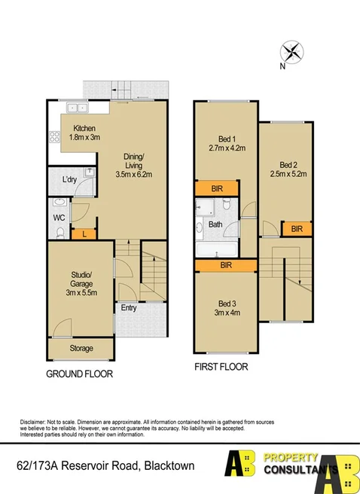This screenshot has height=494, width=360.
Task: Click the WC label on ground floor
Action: click(59, 218)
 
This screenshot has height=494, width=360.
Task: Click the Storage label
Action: click(81, 349)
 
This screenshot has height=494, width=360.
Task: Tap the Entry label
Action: click(130, 306)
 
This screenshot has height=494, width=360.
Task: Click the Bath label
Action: click(215, 224)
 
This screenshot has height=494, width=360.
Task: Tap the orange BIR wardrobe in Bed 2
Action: click(297, 228)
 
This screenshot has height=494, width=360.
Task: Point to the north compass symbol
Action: click(292, 53)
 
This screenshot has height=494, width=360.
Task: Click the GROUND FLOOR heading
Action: click(81, 374)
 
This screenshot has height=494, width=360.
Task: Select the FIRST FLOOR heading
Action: click(220, 367)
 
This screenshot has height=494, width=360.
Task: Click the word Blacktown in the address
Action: click(169, 466)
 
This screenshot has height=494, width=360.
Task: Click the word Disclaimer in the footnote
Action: click(34, 421)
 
